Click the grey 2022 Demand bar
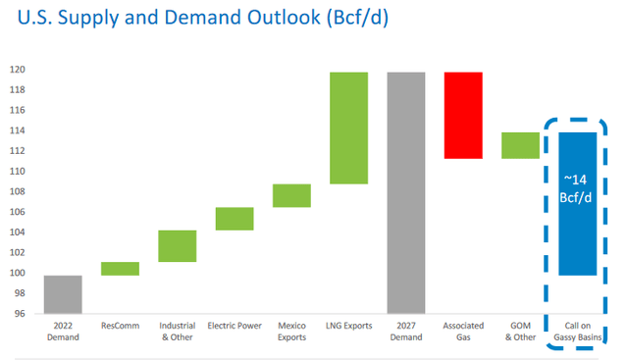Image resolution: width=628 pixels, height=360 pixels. (x=63, y=294)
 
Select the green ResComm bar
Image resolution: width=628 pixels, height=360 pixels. (x=121, y=269)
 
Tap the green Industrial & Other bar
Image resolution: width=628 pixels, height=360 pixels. (x=178, y=246)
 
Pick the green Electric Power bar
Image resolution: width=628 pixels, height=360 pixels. (x=235, y=219)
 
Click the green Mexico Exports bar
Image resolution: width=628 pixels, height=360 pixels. (x=291, y=196)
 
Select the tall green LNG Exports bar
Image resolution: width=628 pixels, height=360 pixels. (x=348, y=129)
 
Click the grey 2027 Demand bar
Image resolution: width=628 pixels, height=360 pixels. (x=405, y=193)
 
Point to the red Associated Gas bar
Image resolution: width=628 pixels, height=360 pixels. (x=463, y=116)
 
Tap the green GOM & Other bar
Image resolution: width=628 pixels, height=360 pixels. (x=520, y=145)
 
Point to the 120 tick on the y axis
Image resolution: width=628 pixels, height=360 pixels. (x=20, y=71)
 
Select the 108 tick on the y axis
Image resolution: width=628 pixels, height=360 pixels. (x=20, y=192)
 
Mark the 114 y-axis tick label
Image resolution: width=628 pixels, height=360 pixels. (x=20, y=131)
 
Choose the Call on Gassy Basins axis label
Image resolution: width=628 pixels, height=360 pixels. (x=577, y=332)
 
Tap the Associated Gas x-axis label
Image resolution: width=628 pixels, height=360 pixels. (x=463, y=332)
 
